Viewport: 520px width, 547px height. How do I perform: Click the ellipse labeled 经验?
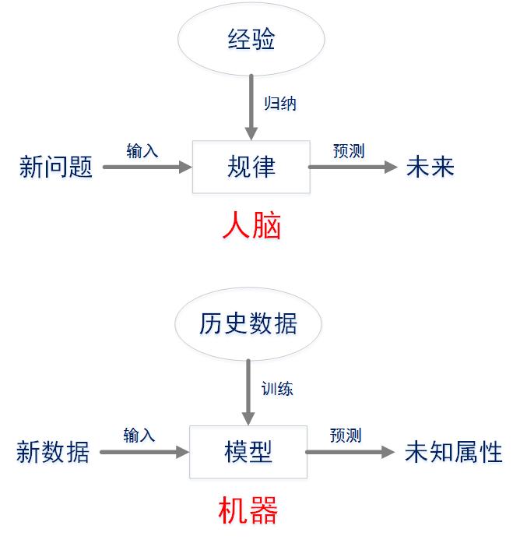click(251, 40)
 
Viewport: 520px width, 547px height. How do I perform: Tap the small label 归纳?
click(280, 104)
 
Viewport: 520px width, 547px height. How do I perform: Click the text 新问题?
click(56, 167)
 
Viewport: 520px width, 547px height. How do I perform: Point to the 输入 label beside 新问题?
click(142, 150)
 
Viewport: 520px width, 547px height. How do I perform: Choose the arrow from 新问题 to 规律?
click(147, 167)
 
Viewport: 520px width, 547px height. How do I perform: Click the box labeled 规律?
click(251, 167)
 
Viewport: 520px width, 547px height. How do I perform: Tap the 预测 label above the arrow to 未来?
click(349, 150)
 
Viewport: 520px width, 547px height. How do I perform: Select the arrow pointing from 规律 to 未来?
click(353, 167)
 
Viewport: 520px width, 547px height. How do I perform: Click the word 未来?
click(430, 167)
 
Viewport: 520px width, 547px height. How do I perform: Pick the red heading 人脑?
click(251, 226)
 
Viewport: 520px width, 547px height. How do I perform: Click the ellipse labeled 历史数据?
click(248, 323)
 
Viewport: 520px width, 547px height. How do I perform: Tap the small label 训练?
click(277, 388)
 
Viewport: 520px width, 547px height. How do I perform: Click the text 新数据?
click(53, 452)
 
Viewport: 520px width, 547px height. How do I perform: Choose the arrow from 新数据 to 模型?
click(145, 452)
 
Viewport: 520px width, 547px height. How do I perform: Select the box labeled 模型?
click(248, 452)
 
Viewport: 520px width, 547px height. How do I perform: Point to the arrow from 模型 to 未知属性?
click(350, 452)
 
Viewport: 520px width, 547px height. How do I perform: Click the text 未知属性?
click(453, 452)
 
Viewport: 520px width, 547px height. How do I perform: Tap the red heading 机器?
click(248, 511)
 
